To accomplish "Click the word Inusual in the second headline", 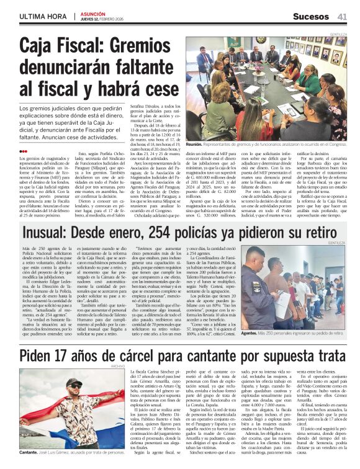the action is point(56,233).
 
